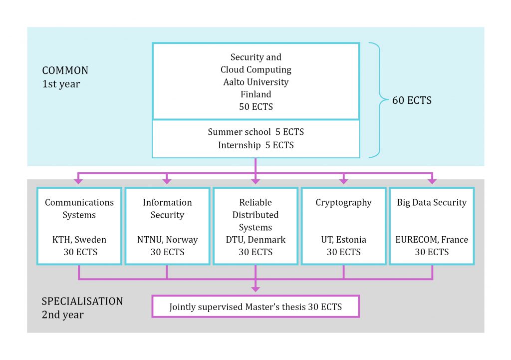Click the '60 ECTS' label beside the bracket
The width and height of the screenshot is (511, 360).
click(412, 100)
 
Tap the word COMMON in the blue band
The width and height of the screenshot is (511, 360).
click(65, 70)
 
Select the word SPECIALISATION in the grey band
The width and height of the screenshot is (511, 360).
click(82, 301)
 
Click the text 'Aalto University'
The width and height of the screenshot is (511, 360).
click(255, 82)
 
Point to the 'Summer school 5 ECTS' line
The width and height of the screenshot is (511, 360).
click(255, 132)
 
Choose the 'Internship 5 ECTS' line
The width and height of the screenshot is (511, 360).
click(255, 145)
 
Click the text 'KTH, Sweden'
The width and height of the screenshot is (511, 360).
click(79, 240)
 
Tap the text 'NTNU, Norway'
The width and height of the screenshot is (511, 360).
click(167, 240)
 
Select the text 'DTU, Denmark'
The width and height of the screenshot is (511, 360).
click(255, 240)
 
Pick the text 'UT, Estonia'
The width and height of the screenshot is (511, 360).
click(343, 240)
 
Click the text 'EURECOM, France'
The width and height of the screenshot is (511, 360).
click(432, 240)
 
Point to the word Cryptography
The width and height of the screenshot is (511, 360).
click(343, 202)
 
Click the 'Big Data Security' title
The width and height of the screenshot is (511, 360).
click(432, 202)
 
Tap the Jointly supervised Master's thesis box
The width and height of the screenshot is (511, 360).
click(255, 307)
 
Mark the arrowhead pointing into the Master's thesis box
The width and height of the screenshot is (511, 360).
click(255, 288)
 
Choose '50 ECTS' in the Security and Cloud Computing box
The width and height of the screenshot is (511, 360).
click(255, 107)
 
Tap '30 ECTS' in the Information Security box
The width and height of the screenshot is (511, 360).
click(167, 252)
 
